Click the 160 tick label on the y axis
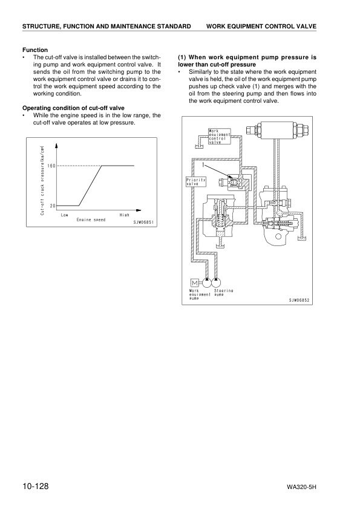(51, 166)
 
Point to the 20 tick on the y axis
(52, 206)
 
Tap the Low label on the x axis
(64, 215)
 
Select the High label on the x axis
(124, 215)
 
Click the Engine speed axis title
(91, 220)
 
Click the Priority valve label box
(195, 182)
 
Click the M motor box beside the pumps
(195, 282)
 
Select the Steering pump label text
(223, 293)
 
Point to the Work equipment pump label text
(200, 294)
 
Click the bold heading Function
(35, 50)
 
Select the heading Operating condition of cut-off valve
(73, 108)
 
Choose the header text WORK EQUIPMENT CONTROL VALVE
(261, 27)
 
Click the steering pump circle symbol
(217, 282)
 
